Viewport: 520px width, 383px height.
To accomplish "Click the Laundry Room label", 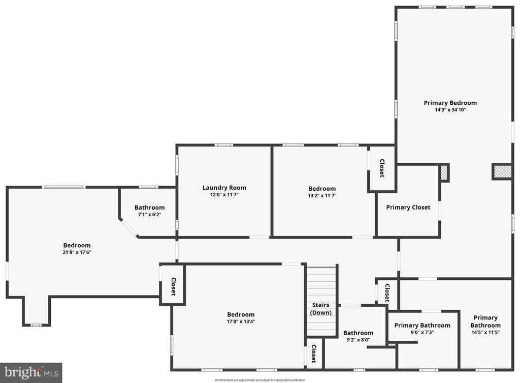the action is click(x=224, y=188).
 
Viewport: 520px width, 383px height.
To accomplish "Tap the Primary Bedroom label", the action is click(x=450, y=103).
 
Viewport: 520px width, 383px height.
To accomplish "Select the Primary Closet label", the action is click(x=408, y=208).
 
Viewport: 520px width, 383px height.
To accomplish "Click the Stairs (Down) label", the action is click(x=321, y=309).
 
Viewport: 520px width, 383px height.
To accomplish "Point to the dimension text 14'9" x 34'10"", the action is click(x=450, y=110).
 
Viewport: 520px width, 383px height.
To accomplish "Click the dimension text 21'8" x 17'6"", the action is click(x=77, y=252).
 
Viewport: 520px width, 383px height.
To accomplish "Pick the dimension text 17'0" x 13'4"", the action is click(x=241, y=321).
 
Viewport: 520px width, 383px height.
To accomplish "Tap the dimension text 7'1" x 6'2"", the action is click(x=150, y=215).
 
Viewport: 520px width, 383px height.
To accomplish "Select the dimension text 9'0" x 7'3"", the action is click(x=422, y=332).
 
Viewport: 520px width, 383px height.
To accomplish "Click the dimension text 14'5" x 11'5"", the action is click(x=485, y=332).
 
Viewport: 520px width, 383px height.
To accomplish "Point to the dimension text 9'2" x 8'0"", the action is click(x=358, y=340).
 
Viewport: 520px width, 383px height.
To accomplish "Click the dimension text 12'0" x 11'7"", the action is click(x=224, y=195).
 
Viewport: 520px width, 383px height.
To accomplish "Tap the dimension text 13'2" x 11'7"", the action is click(x=322, y=196).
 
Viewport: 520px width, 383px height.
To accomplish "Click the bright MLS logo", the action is click(x=31, y=373).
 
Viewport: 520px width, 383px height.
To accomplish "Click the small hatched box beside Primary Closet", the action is click(x=444, y=173).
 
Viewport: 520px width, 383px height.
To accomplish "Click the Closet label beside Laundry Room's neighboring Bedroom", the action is click(x=382, y=168).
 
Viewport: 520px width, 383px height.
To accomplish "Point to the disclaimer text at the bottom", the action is click(x=260, y=380).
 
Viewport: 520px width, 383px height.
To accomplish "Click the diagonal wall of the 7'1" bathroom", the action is click(x=128, y=228).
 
